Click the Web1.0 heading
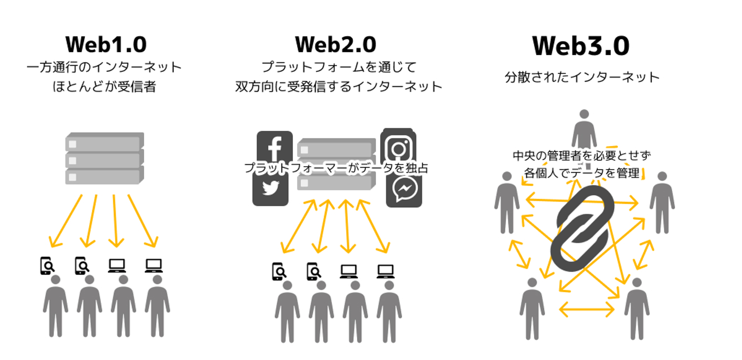pyautogui.click(x=106, y=45)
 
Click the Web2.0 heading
pyautogui.click(x=336, y=45)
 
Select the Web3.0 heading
pyautogui.click(x=581, y=46)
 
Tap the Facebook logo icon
pyautogui.click(x=275, y=147)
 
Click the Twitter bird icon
pyautogui.click(x=270, y=189)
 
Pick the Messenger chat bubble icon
pyautogui.click(x=404, y=189)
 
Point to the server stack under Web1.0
pyautogui.click(x=105, y=158)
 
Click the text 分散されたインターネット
pyautogui.click(x=582, y=77)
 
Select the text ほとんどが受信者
pyautogui.click(x=104, y=87)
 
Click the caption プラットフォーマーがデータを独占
pyautogui.click(x=336, y=168)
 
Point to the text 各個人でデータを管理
pyautogui.click(x=582, y=173)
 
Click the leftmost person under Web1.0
pyautogui.click(x=56, y=306)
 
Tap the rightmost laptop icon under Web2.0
pyautogui.click(x=385, y=271)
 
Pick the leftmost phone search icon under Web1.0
pyautogui.click(x=47, y=266)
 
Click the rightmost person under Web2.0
pyautogui.click(x=389, y=312)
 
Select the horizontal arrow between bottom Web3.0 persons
pyautogui.click(x=586, y=309)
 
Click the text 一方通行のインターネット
pyautogui.click(x=104, y=67)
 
